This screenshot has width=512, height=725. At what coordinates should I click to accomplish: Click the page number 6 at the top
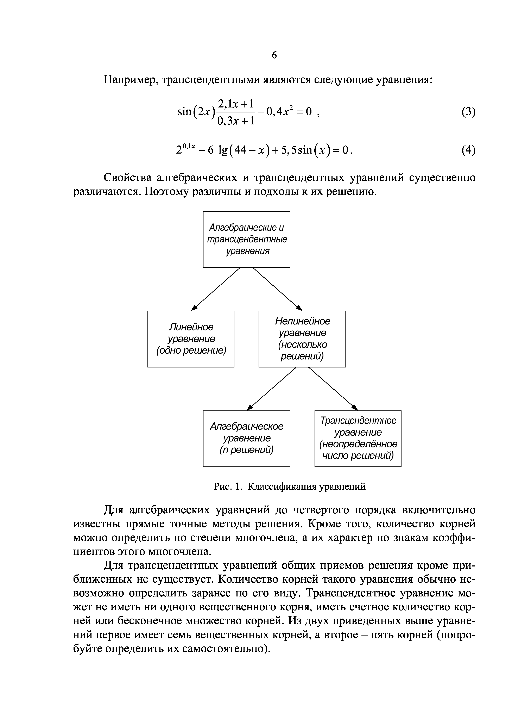coord(274,55)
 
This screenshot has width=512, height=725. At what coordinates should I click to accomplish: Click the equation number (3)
coord(468,112)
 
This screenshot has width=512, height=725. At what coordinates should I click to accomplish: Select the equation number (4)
coord(468,150)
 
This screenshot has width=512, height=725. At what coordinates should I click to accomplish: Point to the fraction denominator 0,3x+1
coord(236,121)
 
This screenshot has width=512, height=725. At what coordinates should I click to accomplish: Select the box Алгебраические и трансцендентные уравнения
coord(246,239)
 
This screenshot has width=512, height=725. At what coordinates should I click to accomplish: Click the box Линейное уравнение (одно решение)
coord(191,339)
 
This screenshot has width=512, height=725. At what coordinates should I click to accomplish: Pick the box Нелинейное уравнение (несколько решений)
coord(302,339)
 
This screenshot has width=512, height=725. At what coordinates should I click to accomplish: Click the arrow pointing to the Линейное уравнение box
coord(216,289)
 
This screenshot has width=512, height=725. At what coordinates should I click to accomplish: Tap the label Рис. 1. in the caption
coord(227,487)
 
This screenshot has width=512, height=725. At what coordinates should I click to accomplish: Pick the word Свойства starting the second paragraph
coord(128,178)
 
